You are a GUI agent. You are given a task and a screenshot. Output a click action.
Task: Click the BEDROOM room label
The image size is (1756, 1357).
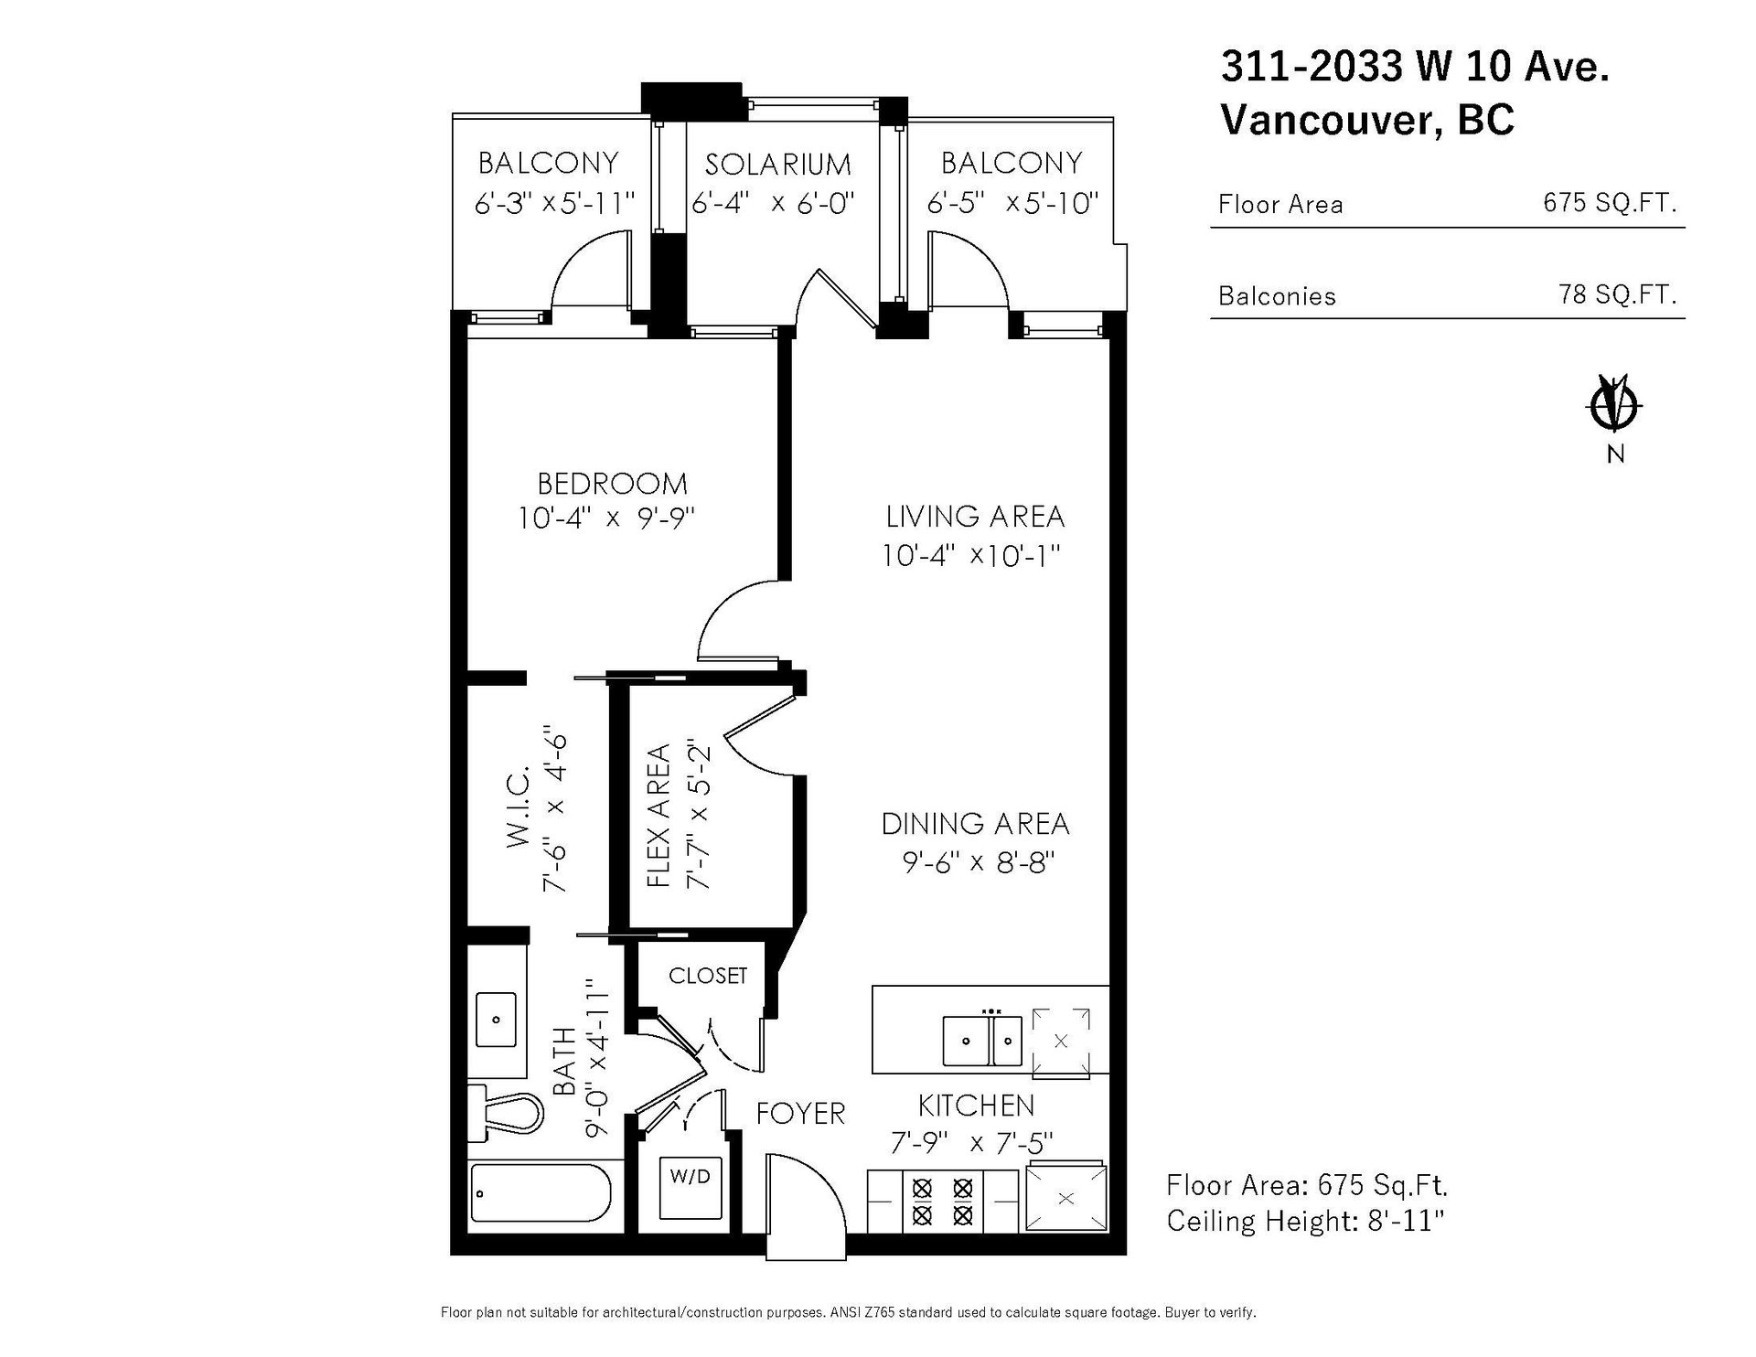[612, 483]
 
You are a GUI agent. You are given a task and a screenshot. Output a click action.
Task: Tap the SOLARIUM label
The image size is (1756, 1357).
[777, 165]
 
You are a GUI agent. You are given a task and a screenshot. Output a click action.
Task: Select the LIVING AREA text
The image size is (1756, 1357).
[975, 517]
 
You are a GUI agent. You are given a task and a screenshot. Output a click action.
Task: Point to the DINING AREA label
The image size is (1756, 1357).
[975, 824]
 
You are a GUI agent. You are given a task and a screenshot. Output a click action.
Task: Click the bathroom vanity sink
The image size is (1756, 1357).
[497, 1019]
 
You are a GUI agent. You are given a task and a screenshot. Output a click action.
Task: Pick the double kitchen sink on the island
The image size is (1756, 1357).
[982, 1040]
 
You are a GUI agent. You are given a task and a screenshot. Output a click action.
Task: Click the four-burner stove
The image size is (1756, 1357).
[942, 1202]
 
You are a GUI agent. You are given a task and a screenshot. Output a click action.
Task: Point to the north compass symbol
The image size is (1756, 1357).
[1616, 403]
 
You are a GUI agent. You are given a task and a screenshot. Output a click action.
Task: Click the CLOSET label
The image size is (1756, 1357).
[708, 976]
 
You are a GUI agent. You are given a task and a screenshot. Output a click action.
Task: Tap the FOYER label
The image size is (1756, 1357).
[800, 1113]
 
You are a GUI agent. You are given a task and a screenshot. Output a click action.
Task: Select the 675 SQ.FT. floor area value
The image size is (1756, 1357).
[1610, 202]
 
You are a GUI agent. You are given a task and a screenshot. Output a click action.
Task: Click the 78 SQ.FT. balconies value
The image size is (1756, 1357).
[1617, 294]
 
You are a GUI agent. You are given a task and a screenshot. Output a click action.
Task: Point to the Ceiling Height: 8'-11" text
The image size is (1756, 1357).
[1306, 1221]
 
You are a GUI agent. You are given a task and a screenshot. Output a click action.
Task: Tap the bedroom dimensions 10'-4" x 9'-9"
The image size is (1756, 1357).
[606, 518]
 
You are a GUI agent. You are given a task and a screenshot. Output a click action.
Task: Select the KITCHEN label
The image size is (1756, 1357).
[976, 1106]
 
